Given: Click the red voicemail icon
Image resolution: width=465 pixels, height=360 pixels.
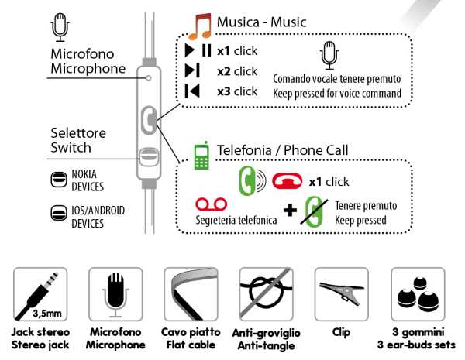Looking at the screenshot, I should click(x=211, y=204).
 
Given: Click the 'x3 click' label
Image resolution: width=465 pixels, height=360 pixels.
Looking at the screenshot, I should click(x=237, y=91).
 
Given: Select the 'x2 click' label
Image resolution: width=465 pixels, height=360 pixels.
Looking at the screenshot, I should click(x=237, y=71).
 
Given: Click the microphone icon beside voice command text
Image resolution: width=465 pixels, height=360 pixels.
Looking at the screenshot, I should click(x=330, y=55).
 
